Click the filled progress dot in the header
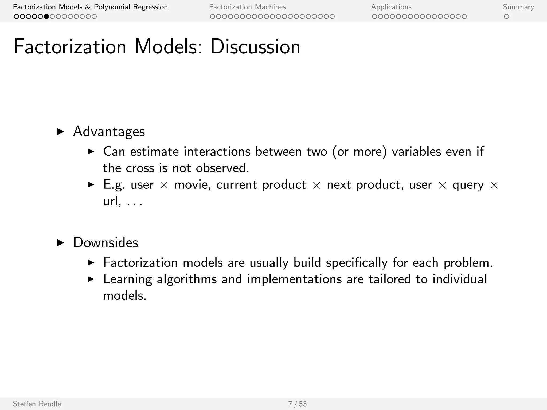pos(46,17)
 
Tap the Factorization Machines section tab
pos(247,7)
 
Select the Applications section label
pos(391,7)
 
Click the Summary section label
pos(518,7)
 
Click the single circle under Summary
pos(506,17)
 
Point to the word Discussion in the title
pos(255,47)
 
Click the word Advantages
pos(109,132)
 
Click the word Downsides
pos(106,243)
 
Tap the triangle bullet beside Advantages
pos(61,132)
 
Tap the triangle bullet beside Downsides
pos(61,243)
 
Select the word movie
pos(192,185)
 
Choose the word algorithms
pos(187,279)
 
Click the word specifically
pos(357,263)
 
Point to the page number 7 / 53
pos(297,404)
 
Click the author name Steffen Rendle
pos(37,404)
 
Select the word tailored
pos(389,279)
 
